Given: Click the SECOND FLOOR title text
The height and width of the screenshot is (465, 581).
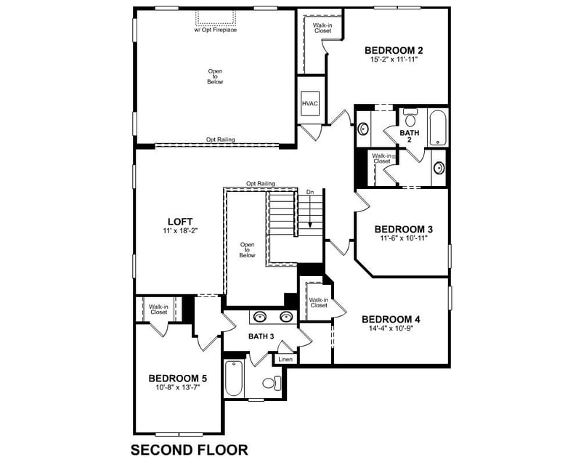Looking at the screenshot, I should [x=189, y=450].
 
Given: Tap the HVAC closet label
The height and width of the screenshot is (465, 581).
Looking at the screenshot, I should [x=310, y=104].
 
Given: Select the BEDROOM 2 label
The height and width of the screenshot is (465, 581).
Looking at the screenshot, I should [x=394, y=50].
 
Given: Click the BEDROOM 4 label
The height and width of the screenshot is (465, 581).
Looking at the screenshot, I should [x=391, y=319].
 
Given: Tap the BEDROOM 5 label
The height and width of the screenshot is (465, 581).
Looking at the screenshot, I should [x=178, y=378].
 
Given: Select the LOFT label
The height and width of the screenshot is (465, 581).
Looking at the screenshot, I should [x=180, y=221].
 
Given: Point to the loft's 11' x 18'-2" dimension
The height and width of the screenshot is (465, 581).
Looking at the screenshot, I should [x=180, y=230].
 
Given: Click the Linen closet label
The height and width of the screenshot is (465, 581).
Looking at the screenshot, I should [x=285, y=359].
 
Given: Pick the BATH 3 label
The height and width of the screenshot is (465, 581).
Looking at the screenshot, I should [x=261, y=336].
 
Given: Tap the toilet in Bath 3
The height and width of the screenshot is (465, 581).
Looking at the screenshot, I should [x=271, y=383].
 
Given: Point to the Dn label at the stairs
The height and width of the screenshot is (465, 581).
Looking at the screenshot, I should [x=310, y=192].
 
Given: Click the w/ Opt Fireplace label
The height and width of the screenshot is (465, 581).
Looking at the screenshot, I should [x=216, y=30].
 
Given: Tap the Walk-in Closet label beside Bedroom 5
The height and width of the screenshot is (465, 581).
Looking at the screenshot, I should [x=158, y=309].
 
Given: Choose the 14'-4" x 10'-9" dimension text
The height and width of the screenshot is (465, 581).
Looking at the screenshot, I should [x=391, y=328].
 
